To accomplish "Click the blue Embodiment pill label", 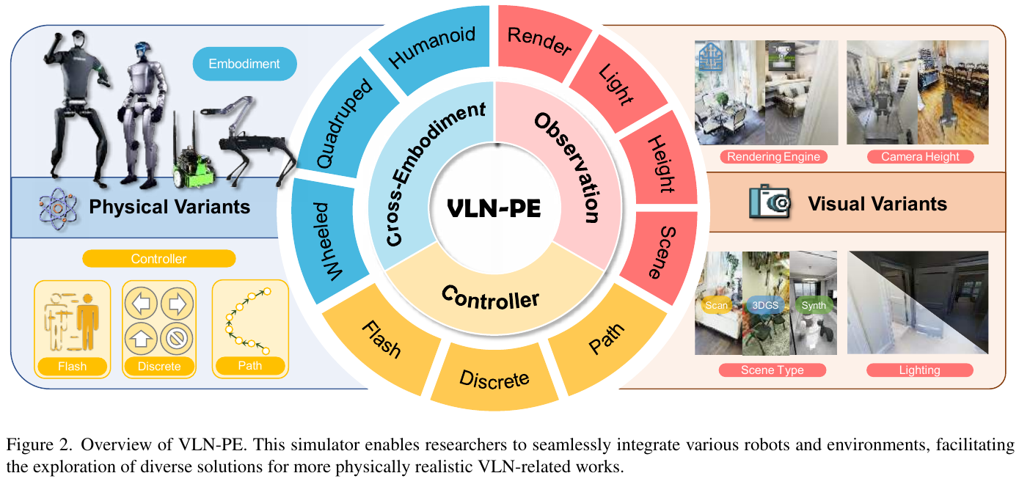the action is (x=245, y=64).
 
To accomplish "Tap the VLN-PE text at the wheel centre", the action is (x=494, y=209).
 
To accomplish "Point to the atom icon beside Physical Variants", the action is (x=58, y=209).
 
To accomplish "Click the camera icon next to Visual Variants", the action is (x=770, y=202).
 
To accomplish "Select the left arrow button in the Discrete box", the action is (x=141, y=304).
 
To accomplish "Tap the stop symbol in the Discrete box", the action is (x=177, y=339).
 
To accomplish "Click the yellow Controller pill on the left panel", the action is (x=158, y=258).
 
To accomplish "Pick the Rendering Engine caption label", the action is (x=773, y=156).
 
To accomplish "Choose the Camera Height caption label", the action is (x=920, y=156).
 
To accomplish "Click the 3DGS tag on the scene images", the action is (x=765, y=305).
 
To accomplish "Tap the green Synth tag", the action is (x=814, y=305).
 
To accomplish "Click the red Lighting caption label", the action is (x=919, y=370).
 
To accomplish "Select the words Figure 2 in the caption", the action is (x=39, y=445).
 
